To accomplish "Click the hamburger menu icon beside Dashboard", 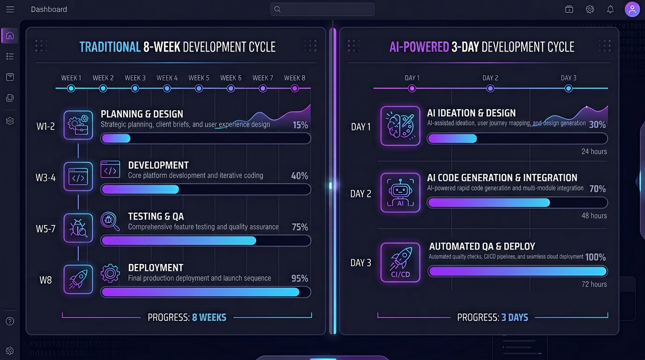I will [x=10, y=9].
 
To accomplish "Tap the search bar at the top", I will [x=322, y=9].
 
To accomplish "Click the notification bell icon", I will [x=610, y=9].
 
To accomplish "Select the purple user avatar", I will [x=632, y=9].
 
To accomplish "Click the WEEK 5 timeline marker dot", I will [x=199, y=88].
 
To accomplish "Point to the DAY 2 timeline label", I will [x=490, y=78].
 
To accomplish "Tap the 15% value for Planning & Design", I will [x=300, y=125].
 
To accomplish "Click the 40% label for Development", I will [x=300, y=176].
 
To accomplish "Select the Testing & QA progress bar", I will [x=206, y=240].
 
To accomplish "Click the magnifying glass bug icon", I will [x=110, y=222].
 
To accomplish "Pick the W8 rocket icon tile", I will [x=78, y=279].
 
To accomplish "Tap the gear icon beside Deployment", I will [x=110, y=273].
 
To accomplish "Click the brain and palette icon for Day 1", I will [x=400, y=126].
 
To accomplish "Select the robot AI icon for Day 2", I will [x=400, y=193].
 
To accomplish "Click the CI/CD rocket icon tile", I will [x=400, y=262].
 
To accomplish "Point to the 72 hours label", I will [x=594, y=284].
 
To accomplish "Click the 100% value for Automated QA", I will [x=595, y=257].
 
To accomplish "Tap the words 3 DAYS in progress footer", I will [x=515, y=317].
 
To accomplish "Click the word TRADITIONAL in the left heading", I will [x=110, y=47].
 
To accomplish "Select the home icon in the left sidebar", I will [x=10, y=36].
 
